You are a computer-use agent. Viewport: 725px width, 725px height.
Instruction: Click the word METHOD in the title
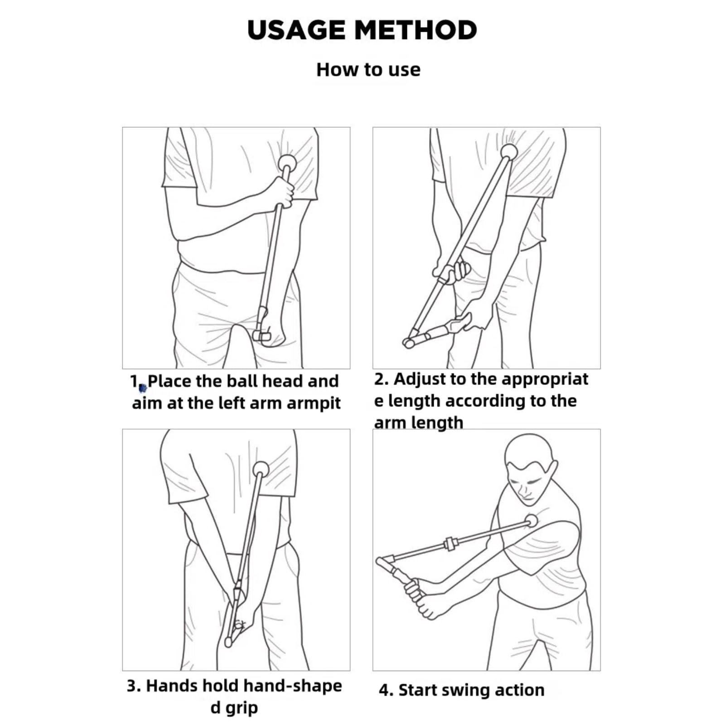point(416,30)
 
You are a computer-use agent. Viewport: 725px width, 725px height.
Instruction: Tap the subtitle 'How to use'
point(368,70)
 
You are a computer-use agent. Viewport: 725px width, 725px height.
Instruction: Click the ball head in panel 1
point(287,163)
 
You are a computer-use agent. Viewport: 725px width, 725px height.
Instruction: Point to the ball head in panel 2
point(509,151)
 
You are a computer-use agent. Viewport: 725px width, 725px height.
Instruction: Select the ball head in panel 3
point(261,469)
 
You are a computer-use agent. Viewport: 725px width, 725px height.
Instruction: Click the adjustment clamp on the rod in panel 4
point(449,543)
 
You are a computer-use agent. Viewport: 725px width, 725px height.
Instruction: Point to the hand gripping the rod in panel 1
point(280,192)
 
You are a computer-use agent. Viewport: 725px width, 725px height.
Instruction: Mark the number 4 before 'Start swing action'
point(384,690)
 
